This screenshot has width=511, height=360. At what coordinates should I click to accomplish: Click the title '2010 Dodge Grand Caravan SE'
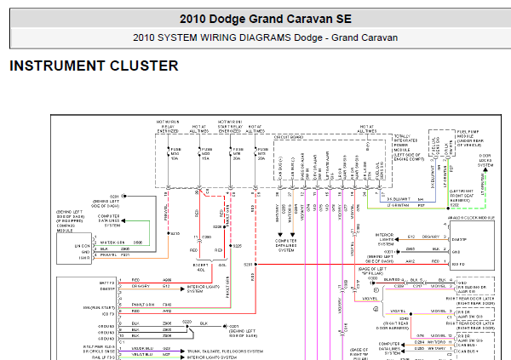tap(255, 19)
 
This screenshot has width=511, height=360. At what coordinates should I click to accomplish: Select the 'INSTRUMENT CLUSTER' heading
tap(94, 66)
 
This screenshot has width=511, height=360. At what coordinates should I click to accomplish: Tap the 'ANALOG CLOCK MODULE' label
tap(473, 218)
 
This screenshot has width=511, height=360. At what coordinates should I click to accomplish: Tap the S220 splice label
tap(190, 322)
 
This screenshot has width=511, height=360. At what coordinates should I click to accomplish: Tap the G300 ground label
tap(372, 278)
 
